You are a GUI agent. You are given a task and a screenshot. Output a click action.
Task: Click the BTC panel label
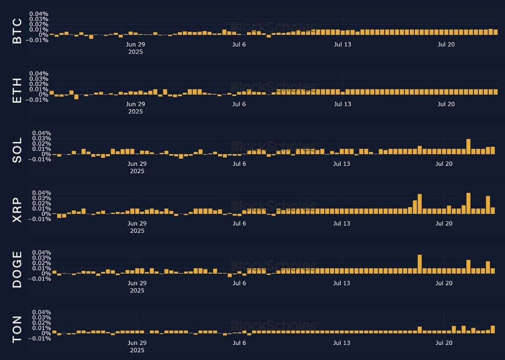17,33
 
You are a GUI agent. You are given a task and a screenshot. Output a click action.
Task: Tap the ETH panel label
17,93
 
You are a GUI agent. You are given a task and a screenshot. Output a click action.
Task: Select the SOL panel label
17,153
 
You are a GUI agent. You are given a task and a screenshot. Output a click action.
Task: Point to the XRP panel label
17,213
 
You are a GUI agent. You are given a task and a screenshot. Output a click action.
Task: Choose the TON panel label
17,333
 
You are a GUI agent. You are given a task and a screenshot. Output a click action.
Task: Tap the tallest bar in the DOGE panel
420,264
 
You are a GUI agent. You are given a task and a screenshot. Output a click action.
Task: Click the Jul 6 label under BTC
239,45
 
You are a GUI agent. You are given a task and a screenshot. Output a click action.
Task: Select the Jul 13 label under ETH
342,104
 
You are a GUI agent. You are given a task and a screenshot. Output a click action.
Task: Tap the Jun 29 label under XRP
137,224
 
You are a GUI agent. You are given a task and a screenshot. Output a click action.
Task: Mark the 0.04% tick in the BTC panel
39,14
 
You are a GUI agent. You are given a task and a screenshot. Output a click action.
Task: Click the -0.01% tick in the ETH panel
39,100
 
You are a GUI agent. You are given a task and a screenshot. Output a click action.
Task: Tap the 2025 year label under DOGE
137,290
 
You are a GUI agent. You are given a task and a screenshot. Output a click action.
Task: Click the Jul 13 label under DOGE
342,283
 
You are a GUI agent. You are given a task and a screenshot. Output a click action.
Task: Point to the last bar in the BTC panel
495,32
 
